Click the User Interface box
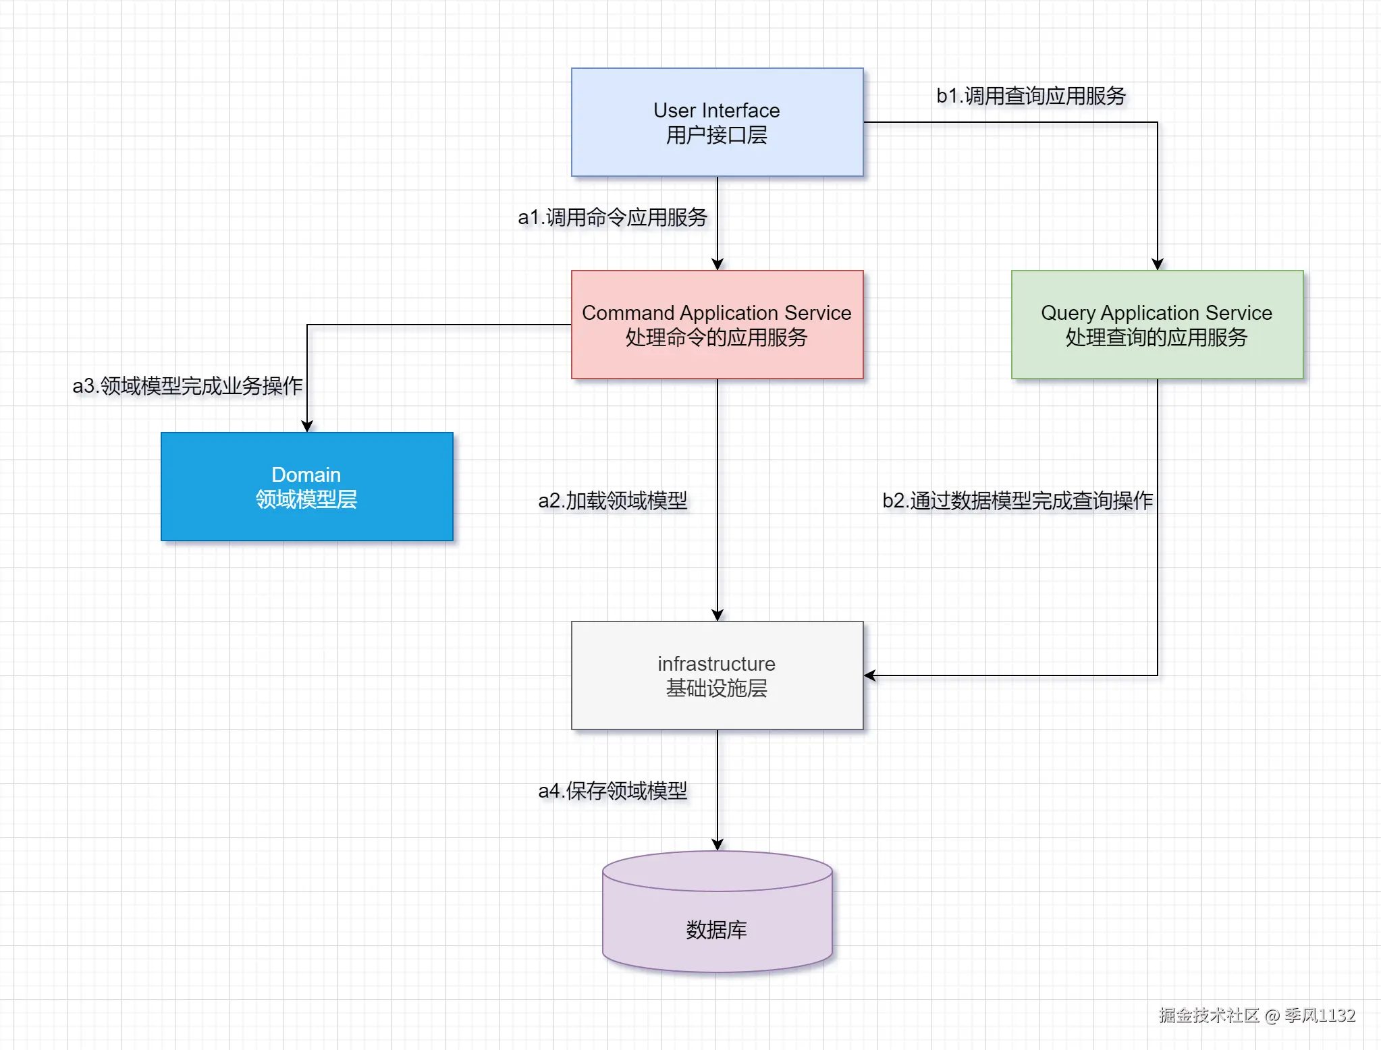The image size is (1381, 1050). (x=717, y=122)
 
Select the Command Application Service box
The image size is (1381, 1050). (x=717, y=325)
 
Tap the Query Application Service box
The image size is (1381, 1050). (x=1157, y=325)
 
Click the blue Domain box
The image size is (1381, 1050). (x=306, y=487)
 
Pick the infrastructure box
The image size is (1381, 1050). (x=717, y=675)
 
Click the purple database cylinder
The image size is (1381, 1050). (x=717, y=918)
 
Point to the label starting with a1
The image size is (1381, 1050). (x=612, y=217)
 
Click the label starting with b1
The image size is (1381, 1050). (x=1031, y=96)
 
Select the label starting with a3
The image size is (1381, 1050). (x=188, y=386)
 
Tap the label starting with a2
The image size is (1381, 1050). (x=612, y=501)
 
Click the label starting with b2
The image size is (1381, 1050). (x=1017, y=501)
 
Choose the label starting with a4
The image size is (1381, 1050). (x=612, y=791)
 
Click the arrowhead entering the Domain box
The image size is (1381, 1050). (x=307, y=426)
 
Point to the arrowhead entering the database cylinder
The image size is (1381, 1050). (x=717, y=844)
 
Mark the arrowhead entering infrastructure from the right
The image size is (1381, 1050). (x=870, y=675)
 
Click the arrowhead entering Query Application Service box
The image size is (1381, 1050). (x=1158, y=265)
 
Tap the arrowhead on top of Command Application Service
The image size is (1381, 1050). (x=717, y=265)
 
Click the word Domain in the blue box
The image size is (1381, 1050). (x=306, y=474)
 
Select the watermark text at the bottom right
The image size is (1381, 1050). (x=1257, y=1016)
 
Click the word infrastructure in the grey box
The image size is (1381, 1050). (x=716, y=663)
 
